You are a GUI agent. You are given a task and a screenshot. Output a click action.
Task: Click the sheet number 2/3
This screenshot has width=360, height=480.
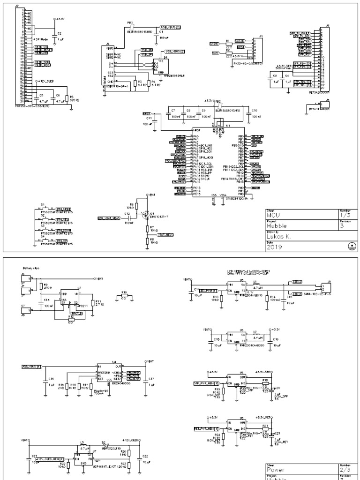tap(343, 469)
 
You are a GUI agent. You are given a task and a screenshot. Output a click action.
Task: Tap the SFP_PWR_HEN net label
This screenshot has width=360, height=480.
tap(204, 383)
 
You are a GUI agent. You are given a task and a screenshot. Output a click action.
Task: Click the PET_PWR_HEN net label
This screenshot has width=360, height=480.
tap(204, 428)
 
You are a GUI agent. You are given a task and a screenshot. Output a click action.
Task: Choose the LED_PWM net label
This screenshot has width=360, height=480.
tap(207, 291)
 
